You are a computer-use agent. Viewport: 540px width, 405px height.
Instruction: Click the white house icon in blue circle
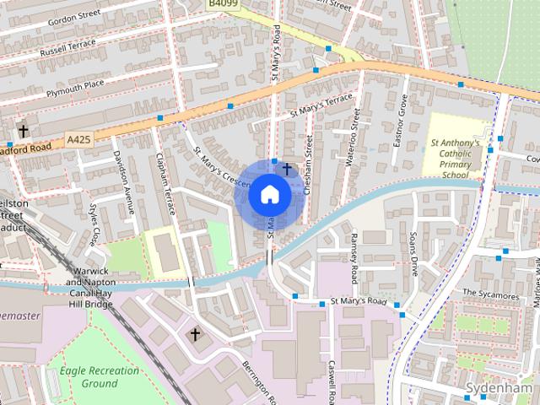(x=270, y=195)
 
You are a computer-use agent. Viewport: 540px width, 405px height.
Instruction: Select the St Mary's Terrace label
(x=320, y=105)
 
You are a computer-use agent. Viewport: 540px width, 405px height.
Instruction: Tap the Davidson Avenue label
(x=125, y=181)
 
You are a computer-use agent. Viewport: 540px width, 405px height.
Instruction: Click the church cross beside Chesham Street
(x=287, y=170)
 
